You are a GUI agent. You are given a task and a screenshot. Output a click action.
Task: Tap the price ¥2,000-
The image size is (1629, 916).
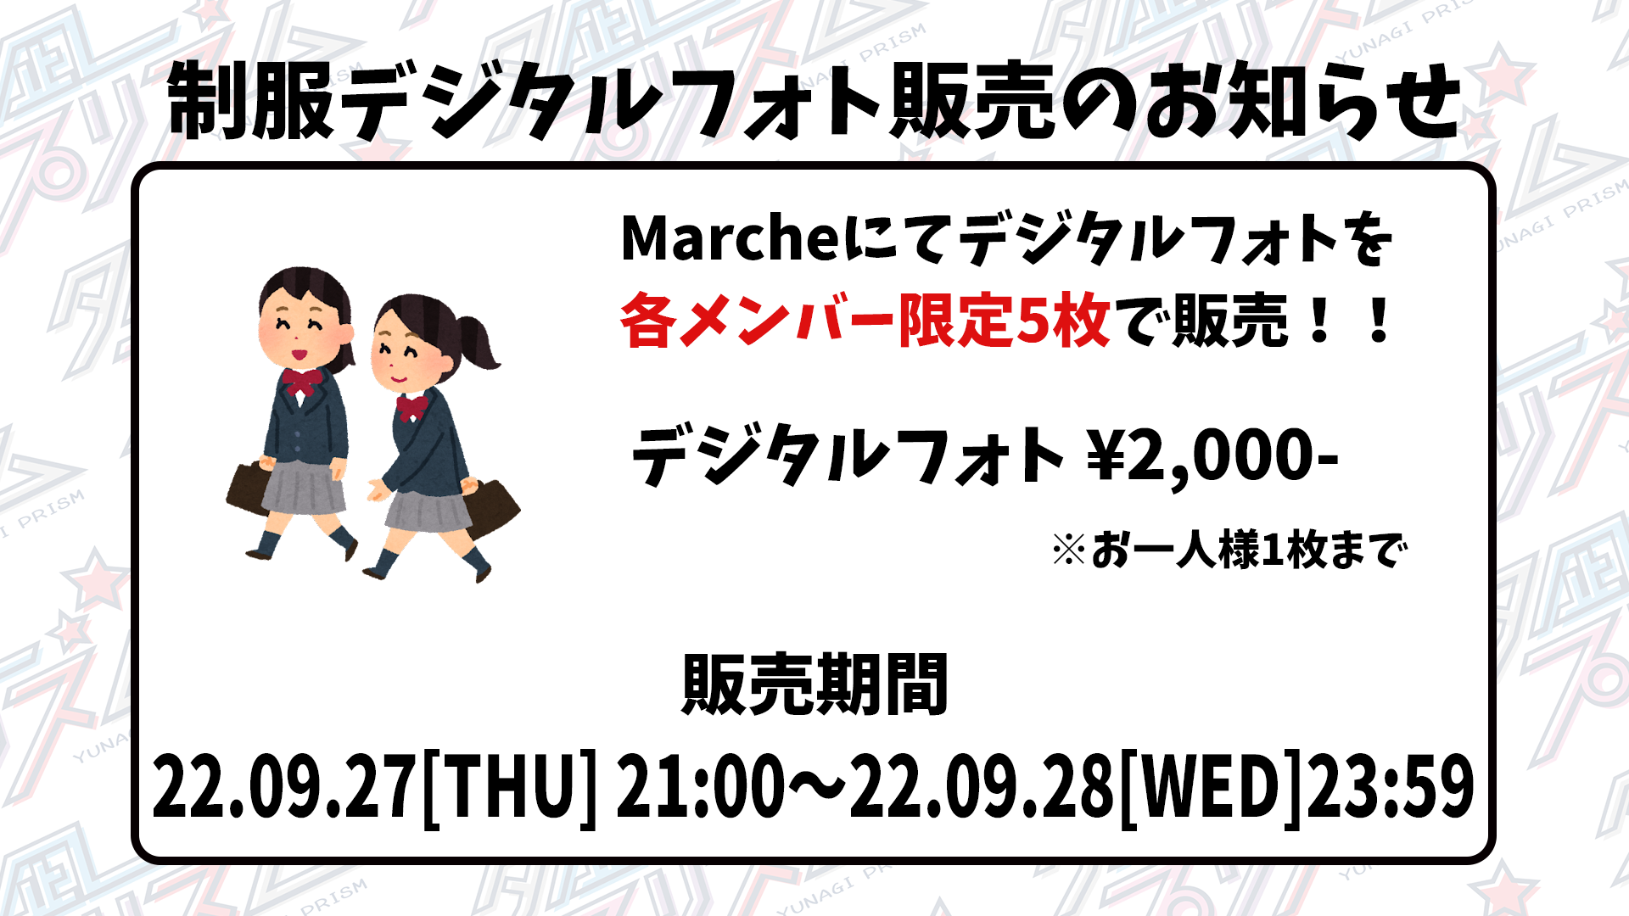[x=1213, y=456]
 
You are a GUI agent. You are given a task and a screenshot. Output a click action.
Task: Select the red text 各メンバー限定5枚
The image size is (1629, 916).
[x=865, y=321]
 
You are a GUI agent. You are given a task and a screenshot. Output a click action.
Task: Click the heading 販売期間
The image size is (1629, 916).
[x=814, y=685]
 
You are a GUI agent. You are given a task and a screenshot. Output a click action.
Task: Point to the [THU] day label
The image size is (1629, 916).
[x=509, y=787]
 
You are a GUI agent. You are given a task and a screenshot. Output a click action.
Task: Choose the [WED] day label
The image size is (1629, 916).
[x=1211, y=787]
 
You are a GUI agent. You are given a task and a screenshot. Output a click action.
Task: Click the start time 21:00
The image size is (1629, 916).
[x=701, y=787]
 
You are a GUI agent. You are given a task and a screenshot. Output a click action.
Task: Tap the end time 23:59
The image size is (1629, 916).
[x=1391, y=787]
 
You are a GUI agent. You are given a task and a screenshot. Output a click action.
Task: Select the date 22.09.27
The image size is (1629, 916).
[x=284, y=787]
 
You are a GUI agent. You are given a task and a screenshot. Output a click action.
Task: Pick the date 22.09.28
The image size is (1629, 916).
[x=982, y=787]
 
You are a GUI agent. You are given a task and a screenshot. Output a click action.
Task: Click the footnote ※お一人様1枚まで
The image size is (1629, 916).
[x=1229, y=550]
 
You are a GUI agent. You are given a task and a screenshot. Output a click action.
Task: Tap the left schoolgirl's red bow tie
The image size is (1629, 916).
[x=303, y=382]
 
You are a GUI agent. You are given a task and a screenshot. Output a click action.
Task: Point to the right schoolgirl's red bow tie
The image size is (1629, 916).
[x=412, y=406]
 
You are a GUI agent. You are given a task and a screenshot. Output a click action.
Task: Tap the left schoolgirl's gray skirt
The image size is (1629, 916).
[x=303, y=487]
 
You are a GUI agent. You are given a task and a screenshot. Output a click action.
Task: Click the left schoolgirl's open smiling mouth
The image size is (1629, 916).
[x=299, y=351]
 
